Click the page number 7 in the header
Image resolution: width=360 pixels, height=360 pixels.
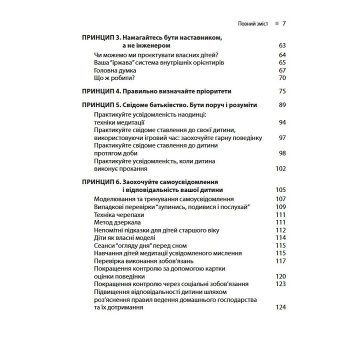[x=283, y=23]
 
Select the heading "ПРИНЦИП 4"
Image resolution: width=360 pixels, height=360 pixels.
[x=100, y=91]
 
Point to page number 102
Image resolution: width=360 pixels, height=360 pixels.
[x=280, y=169]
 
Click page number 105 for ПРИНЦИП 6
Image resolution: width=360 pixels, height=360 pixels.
[x=280, y=190]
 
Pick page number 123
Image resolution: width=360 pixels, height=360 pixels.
[x=280, y=284]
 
